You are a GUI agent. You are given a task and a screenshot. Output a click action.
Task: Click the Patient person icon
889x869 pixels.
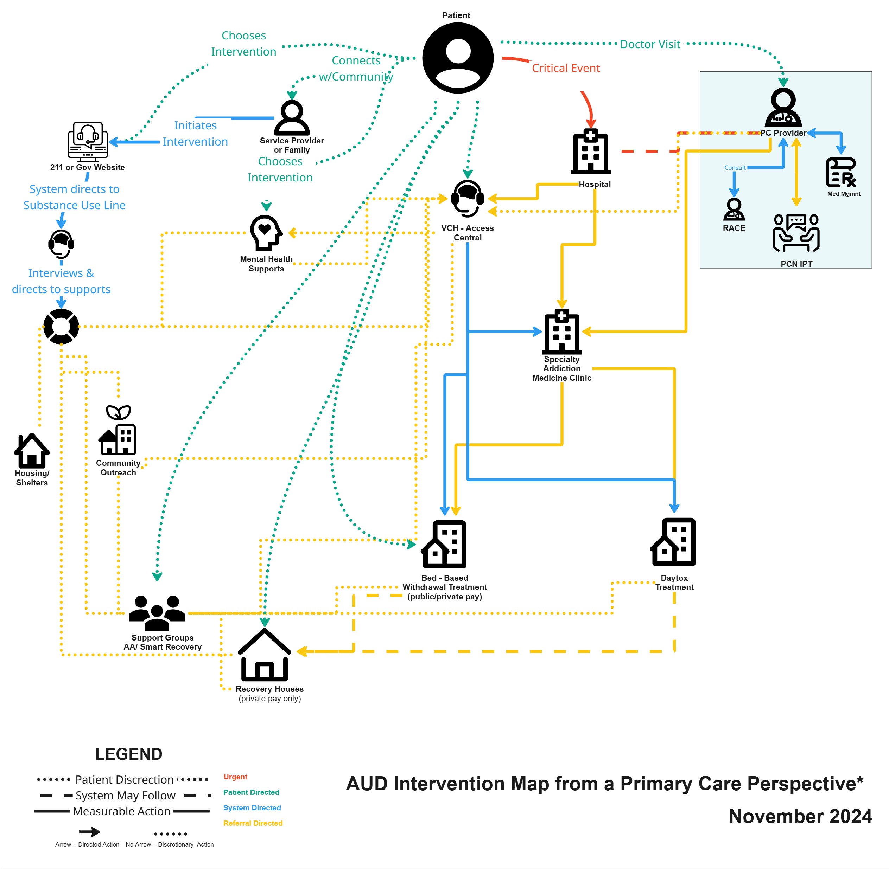coord(458,58)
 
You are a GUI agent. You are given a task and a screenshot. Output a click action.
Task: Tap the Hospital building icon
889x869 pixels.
coord(590,152)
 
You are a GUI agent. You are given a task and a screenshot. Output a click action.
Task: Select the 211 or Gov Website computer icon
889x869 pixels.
coord(88,141)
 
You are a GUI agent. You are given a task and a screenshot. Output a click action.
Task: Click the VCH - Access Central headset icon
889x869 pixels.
coord(467,199)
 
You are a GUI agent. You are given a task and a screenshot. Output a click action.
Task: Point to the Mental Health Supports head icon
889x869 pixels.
coord(266,233)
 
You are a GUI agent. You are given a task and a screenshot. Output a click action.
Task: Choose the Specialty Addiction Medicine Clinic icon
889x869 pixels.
coord(561,332)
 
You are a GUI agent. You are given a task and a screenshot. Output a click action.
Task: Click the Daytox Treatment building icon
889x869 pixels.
coord(673,542)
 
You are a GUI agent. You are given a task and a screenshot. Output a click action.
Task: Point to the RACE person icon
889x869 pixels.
coord(734,210)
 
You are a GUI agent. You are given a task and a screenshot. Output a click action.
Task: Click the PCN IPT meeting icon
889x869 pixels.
coord(796,233)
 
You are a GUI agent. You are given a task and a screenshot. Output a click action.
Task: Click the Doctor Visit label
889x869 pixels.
coord(650,44)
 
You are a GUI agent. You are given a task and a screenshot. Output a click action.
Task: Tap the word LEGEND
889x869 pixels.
coord(129,754)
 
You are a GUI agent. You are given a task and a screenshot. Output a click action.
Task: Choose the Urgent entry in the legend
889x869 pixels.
coord(235,777)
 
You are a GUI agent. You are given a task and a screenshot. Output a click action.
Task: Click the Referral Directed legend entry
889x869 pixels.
coord(253,823)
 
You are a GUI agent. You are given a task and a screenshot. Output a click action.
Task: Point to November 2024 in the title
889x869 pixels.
coord(800,816)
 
